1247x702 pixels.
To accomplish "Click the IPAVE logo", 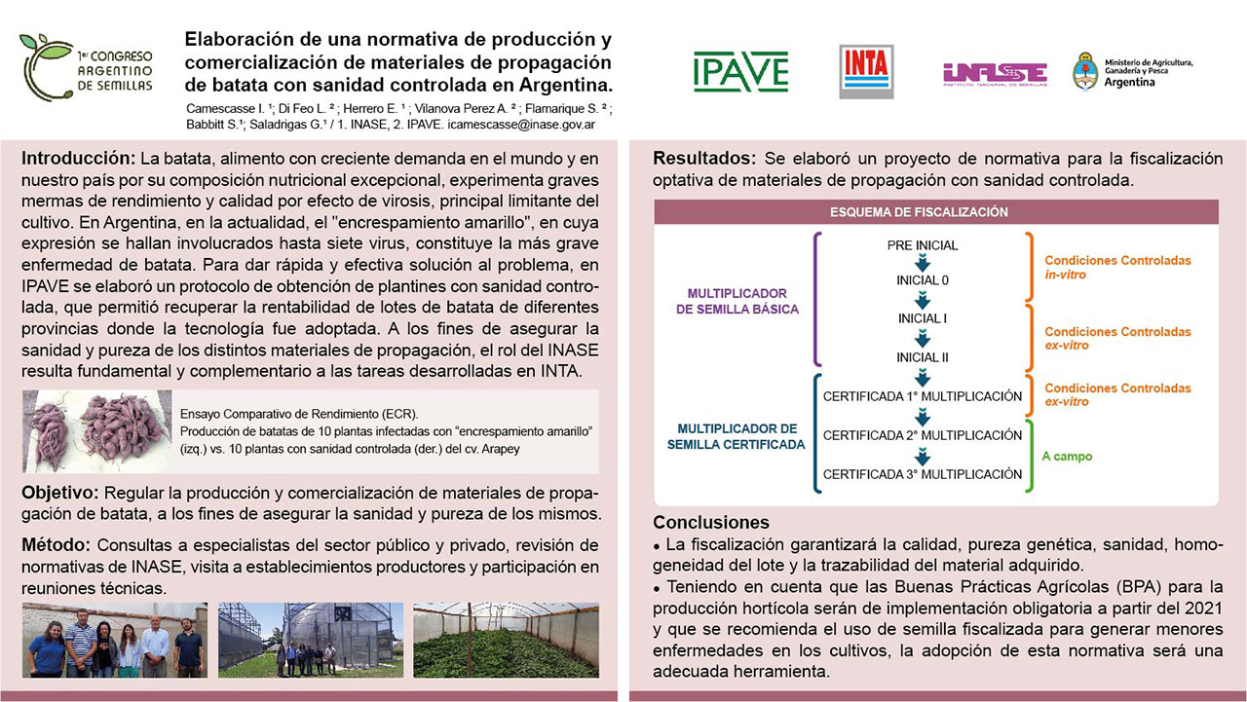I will pyautogui.click(x=740, y=72).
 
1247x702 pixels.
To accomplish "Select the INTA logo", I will pyautogui.click(x=866, y=71).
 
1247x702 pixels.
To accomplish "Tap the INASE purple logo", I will pyautogui.click(x=994, y=73).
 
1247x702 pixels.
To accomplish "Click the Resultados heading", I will pyautogui.click(x=704, y=159).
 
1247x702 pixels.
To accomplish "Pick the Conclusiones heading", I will pyautogui.click(x=711, y=522).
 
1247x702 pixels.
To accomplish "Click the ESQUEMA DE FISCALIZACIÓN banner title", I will pyautogui.click(x=918, y=211).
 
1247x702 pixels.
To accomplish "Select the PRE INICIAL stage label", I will pyautogui.click(x=922, y=245).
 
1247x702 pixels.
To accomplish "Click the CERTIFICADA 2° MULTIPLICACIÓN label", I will pyautogui.click(x=922, y=435).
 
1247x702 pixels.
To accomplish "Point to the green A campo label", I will pyautogui.click(x=1067, y=455).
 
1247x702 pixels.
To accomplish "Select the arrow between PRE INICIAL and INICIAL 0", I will pyautogui.click(x=922, y=263).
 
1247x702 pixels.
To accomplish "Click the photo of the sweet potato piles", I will pyautogui.click(x=94, y=427).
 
